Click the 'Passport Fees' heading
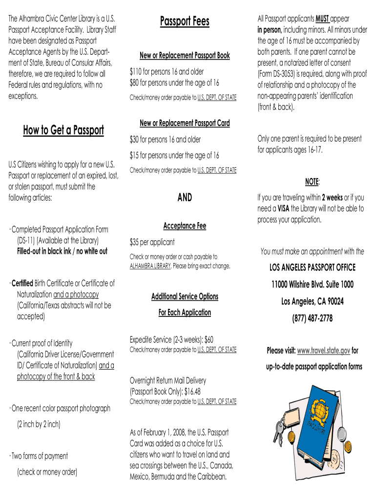click(185, 21)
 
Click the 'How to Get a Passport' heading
click(63, 130)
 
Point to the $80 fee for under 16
click(135, 83)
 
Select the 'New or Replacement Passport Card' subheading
click(185, 123)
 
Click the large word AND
click(185, 197)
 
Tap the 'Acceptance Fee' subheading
click(185, 226)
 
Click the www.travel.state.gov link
click(324, 351)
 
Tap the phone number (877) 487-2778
click(313, 318)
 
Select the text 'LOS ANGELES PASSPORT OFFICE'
click(313, 268)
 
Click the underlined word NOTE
click(312, 182)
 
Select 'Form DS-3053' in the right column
click(278, 74)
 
